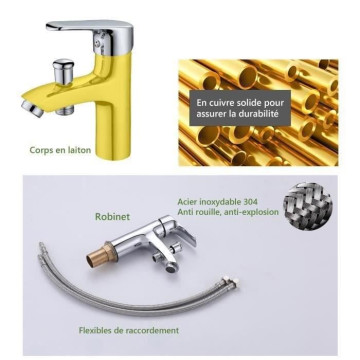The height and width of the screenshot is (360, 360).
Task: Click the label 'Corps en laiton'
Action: pyautogui.click(x=60, y=150)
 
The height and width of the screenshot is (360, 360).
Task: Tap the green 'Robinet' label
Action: pyautogui.click(x=112, y=217)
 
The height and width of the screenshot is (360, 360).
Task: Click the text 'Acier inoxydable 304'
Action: pyautogui.click(x=218, y=202)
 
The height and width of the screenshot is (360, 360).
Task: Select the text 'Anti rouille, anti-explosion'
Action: pyautogui.click(x=228, y=212)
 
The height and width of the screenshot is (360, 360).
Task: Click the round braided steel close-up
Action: pyautogui.click(x=307, y=206)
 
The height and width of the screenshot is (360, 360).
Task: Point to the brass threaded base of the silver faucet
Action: pyautogui.click(x=100, y=255)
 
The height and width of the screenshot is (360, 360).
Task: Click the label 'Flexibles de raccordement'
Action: pyautogui.click(x=129, y=330)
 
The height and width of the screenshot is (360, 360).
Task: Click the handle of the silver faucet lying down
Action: pyautogui.click(x=182, y=235)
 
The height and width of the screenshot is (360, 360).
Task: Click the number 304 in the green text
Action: pyautogui.click(x=251, y=202)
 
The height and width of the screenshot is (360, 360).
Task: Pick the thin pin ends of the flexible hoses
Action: pyautogui.click(x=42, y=249)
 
